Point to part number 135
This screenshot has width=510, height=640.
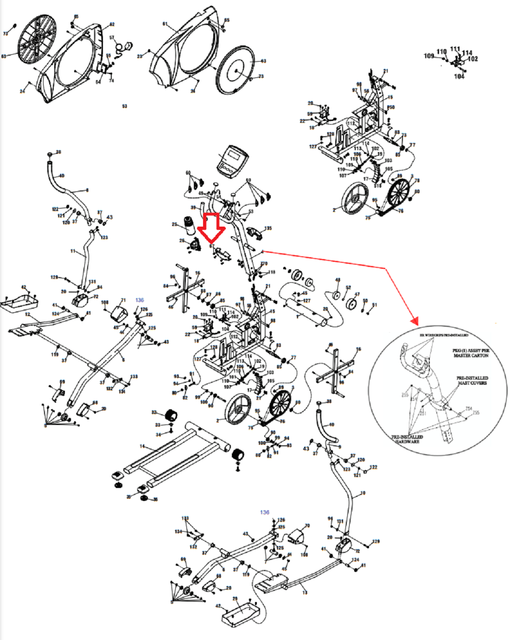click(x=268, y=228)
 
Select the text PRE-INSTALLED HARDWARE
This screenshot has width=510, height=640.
click(x=408, y=439)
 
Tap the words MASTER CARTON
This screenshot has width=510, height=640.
click(x=471, y=355)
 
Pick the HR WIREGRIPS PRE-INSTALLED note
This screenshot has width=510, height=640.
click(x=444, y=335)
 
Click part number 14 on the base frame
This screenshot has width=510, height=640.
click(x=142, y=447)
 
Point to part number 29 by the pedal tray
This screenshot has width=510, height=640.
click(x=235, y=599)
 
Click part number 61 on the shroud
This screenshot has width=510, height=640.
click(x=165, y=24)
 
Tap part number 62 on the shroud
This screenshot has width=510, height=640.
click(x=112, y=24)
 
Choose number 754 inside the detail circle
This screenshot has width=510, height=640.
click(x=468, y=409)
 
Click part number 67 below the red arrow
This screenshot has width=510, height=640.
click(x=211, y=246)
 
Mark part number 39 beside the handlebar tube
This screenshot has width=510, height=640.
click(x=193, y=208)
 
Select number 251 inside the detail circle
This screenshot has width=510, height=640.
click(x=422, y=413)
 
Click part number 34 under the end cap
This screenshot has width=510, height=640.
click(x=158, y=434)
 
